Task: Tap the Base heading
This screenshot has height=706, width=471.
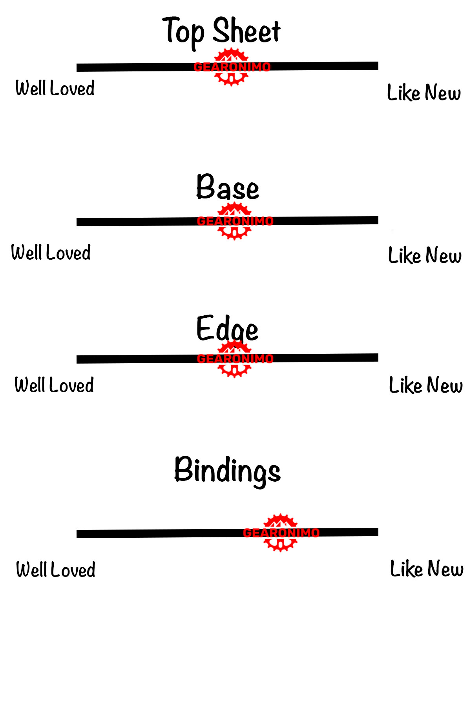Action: pos(228,187)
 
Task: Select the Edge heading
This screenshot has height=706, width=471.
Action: pos(227,329)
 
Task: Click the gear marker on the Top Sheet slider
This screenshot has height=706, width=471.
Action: pos(232,67)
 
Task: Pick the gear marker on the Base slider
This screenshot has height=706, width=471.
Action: pos(234,221)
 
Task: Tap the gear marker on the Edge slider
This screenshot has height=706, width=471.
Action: pos(234,358)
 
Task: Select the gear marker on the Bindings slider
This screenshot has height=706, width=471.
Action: pos(280,532)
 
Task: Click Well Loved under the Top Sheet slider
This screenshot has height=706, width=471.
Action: pos(55,88)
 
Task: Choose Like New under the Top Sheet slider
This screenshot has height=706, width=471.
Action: pos(424,93)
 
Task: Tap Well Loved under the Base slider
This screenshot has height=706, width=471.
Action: pos(51,252)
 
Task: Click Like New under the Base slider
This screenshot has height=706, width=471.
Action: pos(425,255)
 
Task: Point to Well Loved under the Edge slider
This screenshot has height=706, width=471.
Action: pos(54,385)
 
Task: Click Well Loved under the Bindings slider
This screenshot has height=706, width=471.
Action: pos(56,570)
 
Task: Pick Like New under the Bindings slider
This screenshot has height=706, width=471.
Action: pos(427,569)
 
